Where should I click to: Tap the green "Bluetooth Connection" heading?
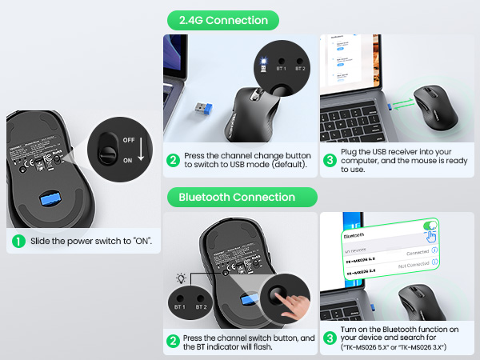click(237, 197)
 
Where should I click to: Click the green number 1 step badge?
click(18, 241)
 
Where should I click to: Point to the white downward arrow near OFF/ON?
click(142, 148)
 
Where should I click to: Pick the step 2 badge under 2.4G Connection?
click(173, 159)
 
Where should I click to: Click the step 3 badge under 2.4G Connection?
click(330, 159)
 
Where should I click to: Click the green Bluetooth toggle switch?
click(430, 226)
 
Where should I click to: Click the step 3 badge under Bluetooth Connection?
click(329, 338)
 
